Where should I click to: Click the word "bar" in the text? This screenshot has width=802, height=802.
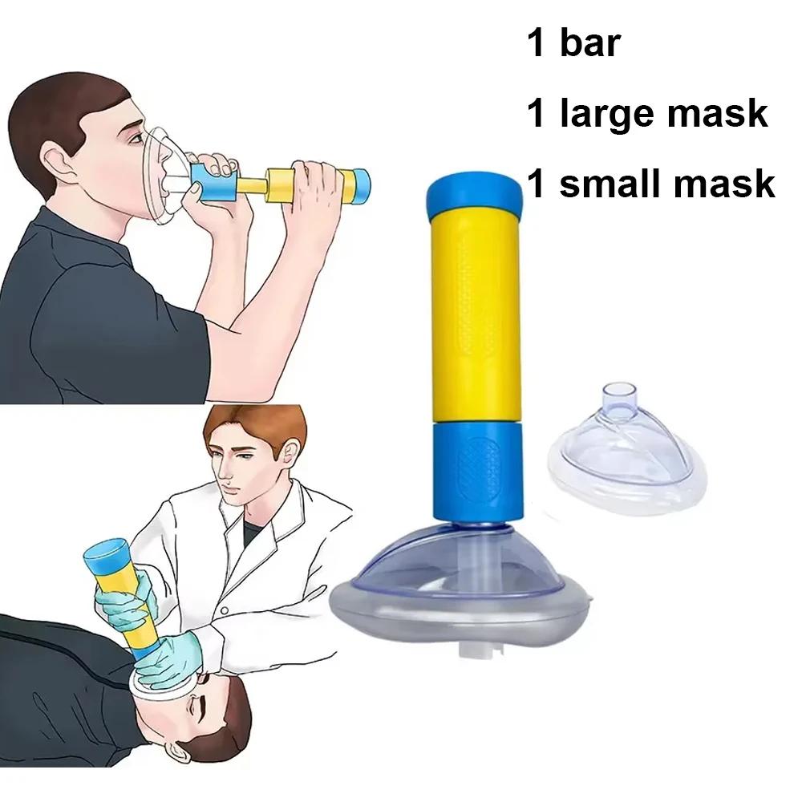[x=590, y=43]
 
